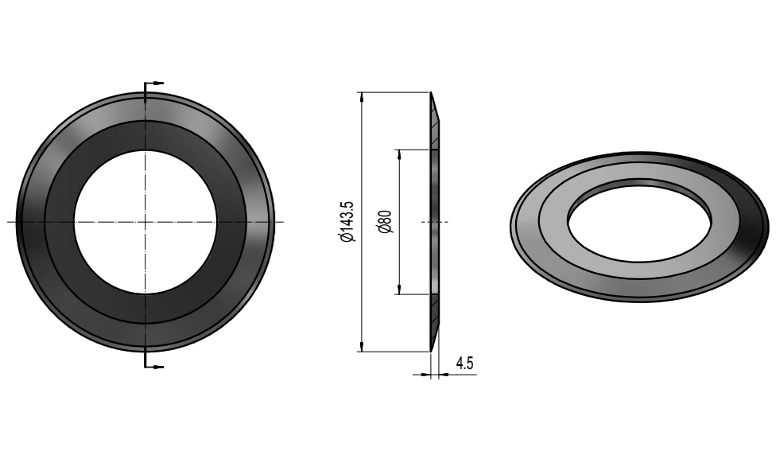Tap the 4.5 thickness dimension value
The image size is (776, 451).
click(x=464, y=364)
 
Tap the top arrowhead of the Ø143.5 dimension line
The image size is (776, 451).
click(x=362, y=97)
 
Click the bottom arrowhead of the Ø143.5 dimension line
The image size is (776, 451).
click(x=362, y=347)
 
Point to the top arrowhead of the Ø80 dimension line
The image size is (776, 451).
click(x=398, y=154)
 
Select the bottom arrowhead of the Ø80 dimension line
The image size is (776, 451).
click(x=398, y=290)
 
